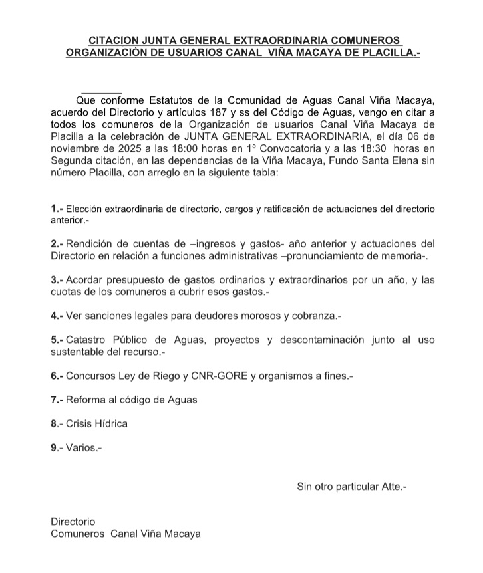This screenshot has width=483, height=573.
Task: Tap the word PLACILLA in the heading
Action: pyautogui.click(x=385, y=53)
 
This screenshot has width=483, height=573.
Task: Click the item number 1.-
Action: pyautogui.click(x=57, y=209)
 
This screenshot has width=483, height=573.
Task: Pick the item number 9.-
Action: pyautogui.click(x=57, y=448)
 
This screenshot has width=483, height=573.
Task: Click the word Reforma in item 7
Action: pyautogui.click(x=86, y=400)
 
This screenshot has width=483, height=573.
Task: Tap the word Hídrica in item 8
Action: pyautogui.click(x=111, y=423)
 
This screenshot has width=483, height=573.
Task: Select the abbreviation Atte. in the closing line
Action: pyautogui.click(x=392, y=487)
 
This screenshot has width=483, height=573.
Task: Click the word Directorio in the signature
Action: pyautogui.click(x=73, y=522)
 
